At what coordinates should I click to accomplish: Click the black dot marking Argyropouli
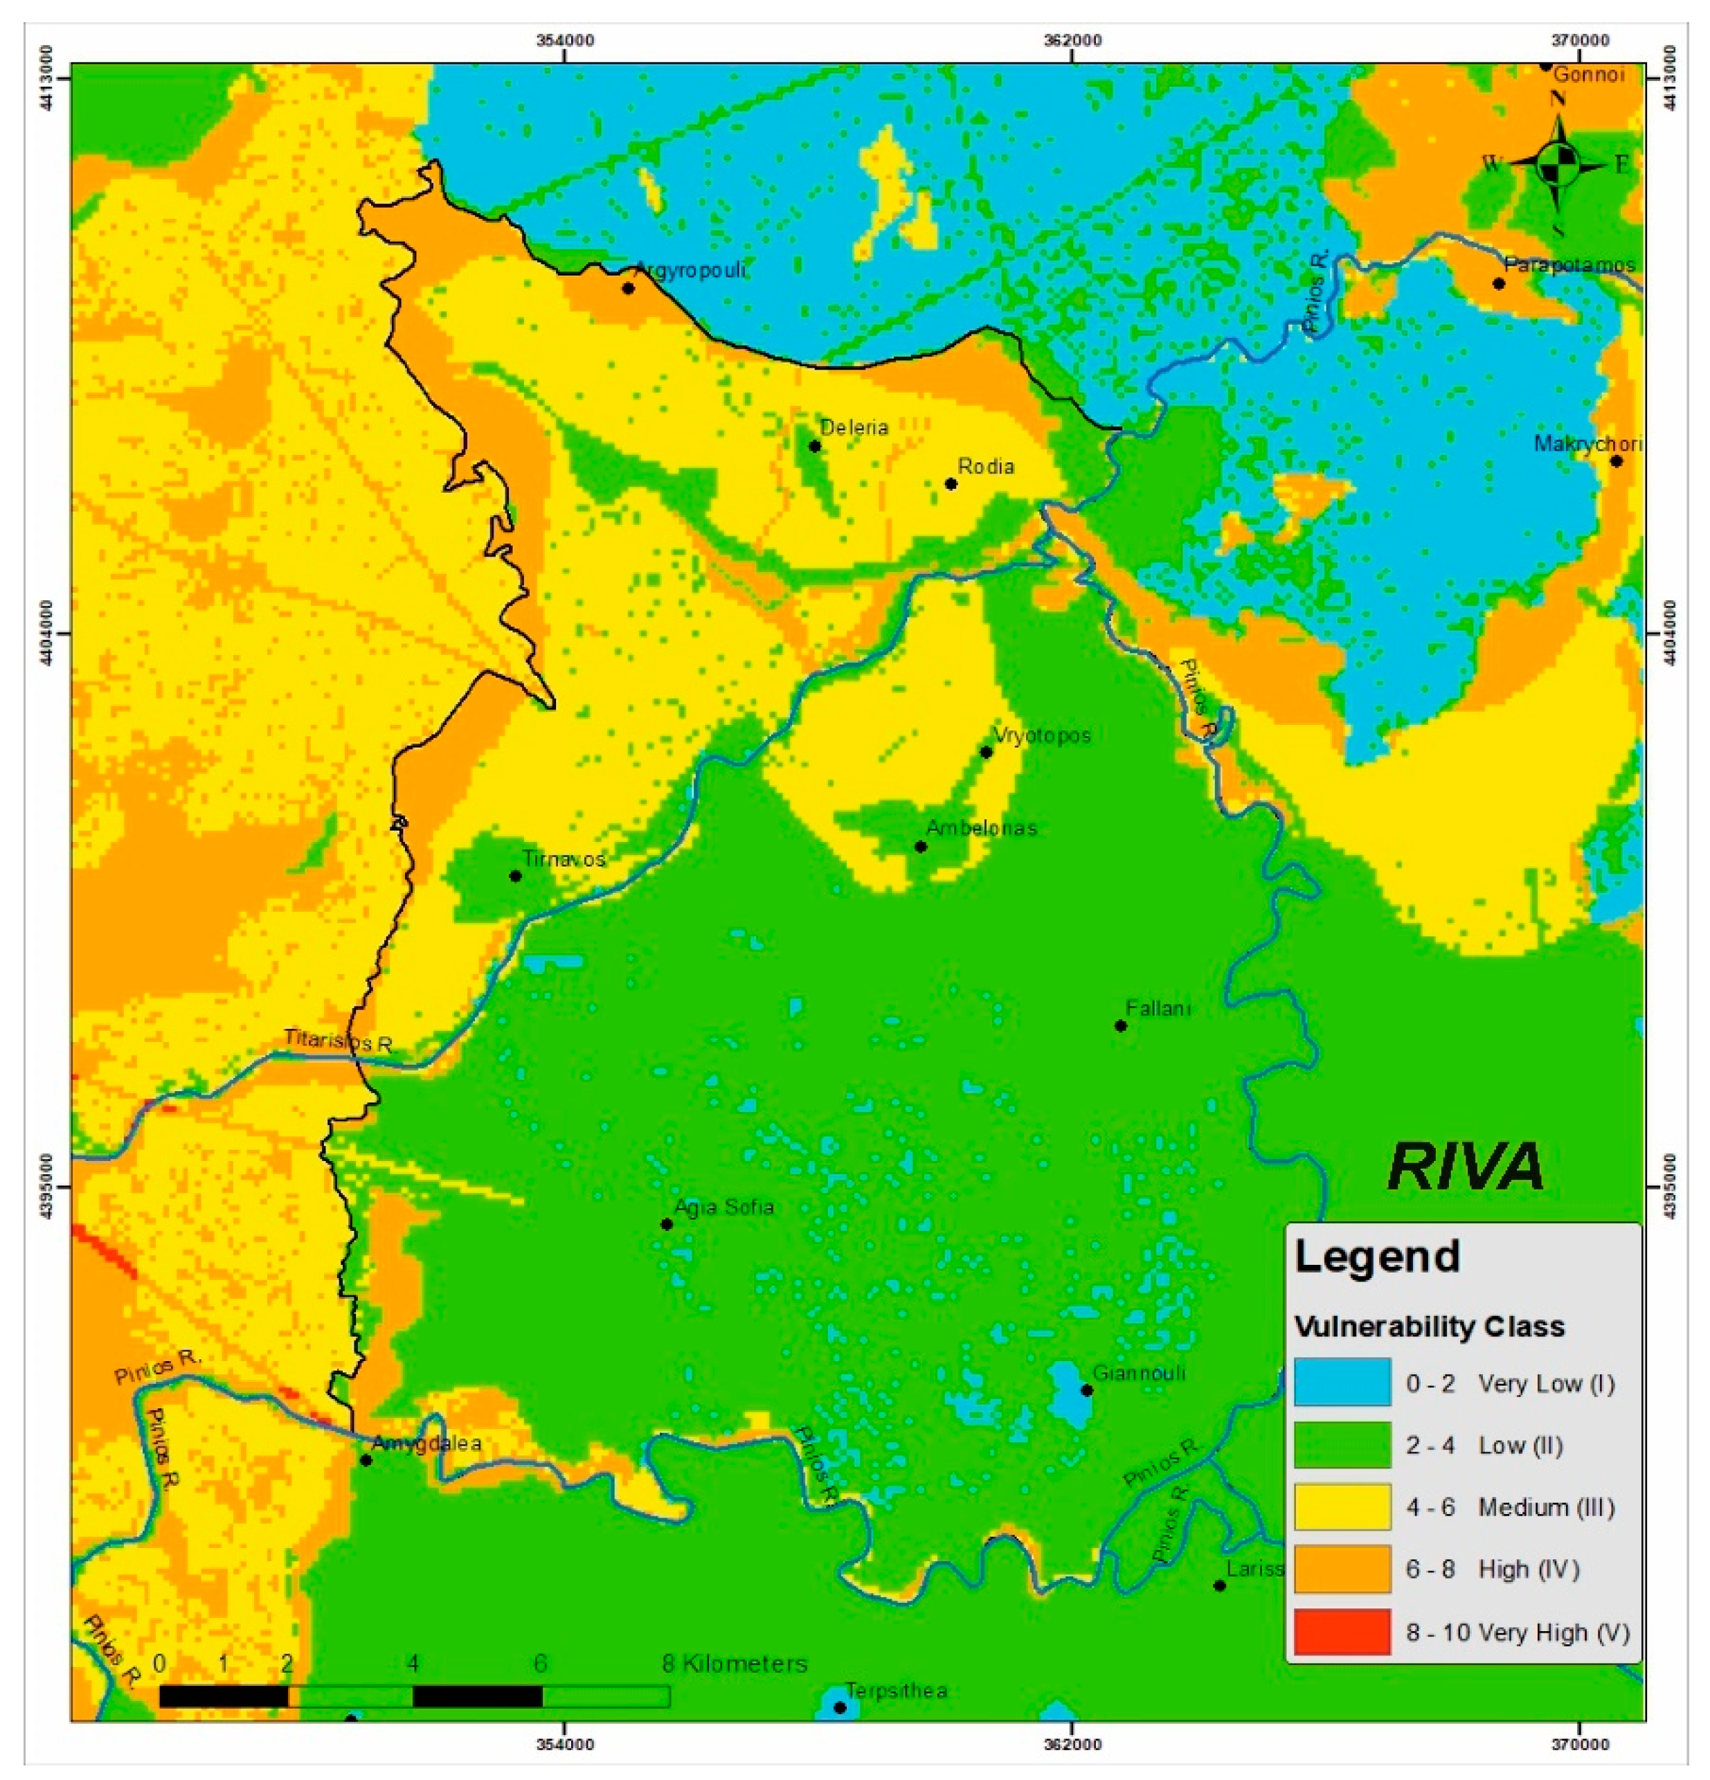627,288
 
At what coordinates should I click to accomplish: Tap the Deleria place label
854,427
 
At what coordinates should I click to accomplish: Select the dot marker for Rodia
951,483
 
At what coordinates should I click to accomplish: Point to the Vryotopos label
1042,735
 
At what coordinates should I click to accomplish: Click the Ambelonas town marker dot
921,847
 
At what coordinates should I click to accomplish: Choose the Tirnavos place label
563,858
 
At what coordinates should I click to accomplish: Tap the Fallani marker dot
1121,1025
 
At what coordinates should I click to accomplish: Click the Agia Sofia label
723,1207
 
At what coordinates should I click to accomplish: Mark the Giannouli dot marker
1087,1390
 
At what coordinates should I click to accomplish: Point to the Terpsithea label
897,1691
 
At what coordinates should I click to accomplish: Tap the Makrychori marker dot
1617,461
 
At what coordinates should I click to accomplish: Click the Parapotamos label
1569,265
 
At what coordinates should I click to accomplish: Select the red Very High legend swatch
1341,1632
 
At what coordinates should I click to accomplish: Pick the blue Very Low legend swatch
1341,1383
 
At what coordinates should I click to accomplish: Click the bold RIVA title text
1466,1167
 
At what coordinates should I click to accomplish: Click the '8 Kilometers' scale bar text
734,1664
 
